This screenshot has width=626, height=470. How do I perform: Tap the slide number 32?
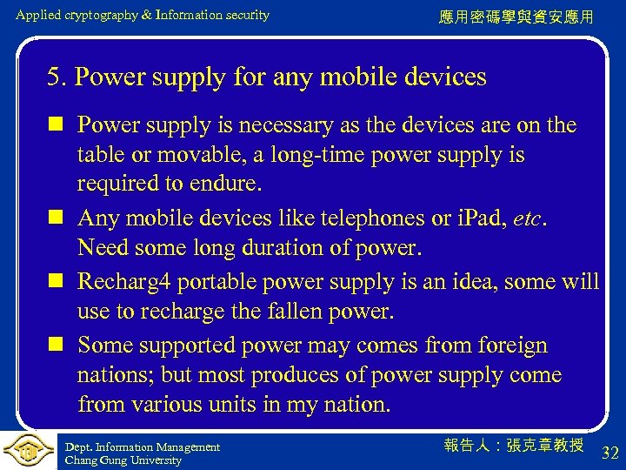pos(609,453)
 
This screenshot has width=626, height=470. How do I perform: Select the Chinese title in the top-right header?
pos(516,17)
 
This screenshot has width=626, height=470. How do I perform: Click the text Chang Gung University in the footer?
pos(123,460)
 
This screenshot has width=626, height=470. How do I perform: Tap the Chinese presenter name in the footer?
pos(513,446)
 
